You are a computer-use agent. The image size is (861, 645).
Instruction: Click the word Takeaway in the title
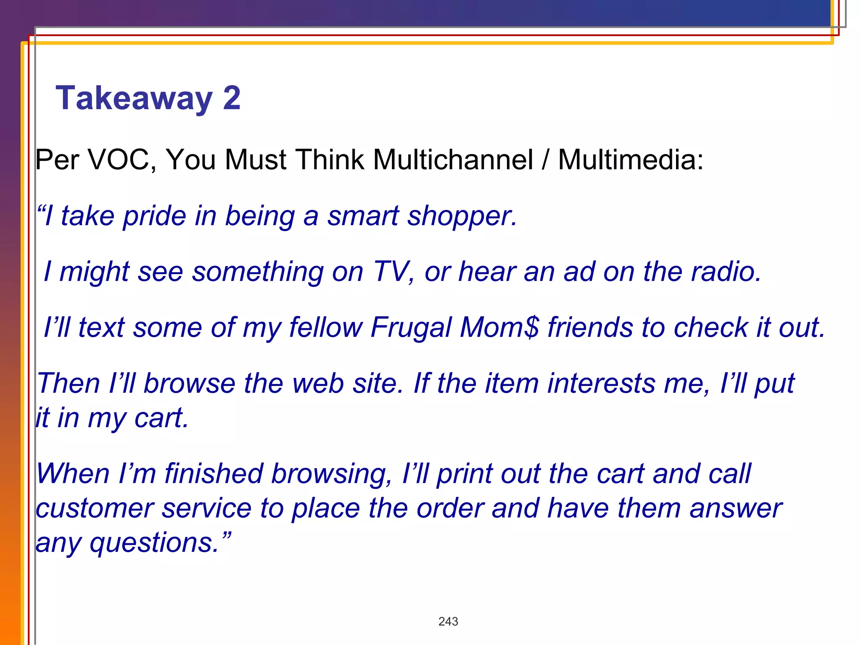(134, 98)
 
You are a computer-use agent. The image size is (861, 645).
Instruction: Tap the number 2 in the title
(232, 98)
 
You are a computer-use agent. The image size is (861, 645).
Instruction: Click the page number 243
(448, 621)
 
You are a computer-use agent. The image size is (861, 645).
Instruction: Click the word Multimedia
(630, 160)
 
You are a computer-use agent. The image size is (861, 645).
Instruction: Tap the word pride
(154, 217)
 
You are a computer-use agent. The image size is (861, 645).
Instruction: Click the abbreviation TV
(391, 272)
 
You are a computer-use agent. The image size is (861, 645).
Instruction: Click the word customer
(95, 509)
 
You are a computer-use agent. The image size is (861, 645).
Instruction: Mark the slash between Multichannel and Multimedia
(546, 160)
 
